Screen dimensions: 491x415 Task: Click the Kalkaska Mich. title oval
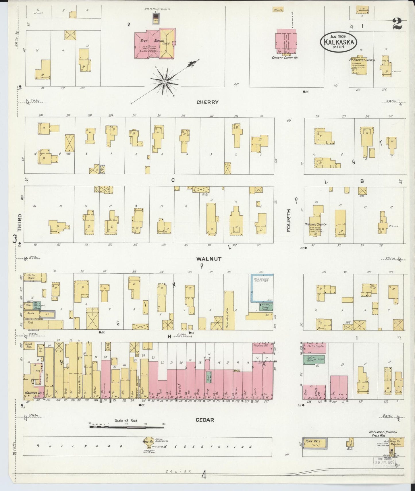(x=339, y=42)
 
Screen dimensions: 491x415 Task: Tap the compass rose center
(x=165, y=82)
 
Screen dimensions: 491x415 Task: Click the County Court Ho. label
(x=285, y=58)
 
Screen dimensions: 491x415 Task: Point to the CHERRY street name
(x=207, y=102)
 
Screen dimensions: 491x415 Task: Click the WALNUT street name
(x=209, y=259)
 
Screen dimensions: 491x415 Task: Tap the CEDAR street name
(x=204, y=420)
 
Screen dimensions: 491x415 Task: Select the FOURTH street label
(x=288, y=220)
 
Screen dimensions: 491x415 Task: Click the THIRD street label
(x=20, y=223)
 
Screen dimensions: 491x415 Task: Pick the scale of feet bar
(x=127, y=428)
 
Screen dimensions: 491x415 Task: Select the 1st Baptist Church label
(x=360, y=60)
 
